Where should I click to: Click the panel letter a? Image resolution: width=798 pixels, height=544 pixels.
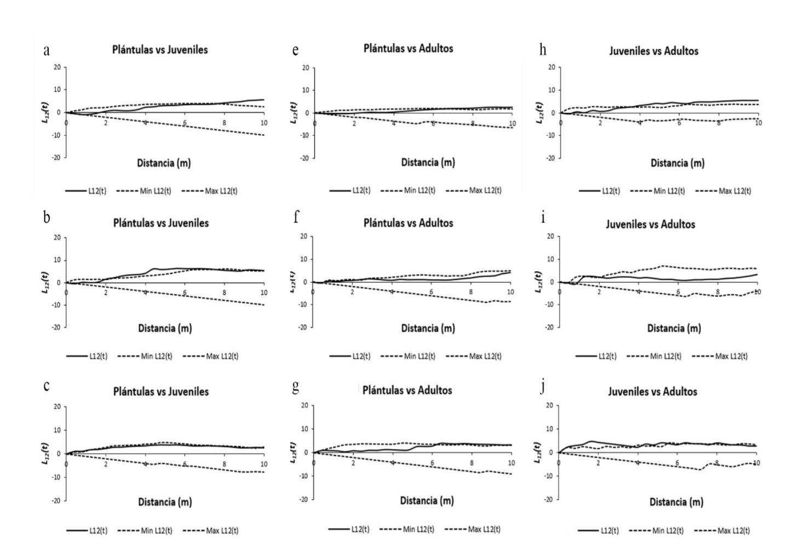tap(47, 51)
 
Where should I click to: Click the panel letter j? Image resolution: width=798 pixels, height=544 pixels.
tap(542, 388)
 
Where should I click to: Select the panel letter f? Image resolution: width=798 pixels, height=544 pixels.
tap(296, 217)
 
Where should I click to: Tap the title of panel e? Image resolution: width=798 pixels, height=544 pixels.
tap(408, 48)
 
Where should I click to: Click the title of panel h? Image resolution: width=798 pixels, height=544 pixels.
tap(653, 51)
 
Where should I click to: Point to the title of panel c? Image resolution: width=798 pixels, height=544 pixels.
tap(161, 392)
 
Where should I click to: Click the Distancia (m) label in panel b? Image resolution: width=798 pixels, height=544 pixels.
tap(164, 328)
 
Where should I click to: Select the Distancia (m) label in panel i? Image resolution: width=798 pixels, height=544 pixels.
tap(674, 328)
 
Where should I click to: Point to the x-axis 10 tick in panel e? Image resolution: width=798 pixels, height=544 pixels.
tap(512, 124)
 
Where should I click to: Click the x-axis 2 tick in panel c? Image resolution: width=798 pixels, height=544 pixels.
tap(106, 465)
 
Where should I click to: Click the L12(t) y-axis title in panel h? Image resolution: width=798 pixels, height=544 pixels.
tap(539, 112)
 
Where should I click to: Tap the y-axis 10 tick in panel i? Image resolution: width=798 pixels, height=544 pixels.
tap(550, 259)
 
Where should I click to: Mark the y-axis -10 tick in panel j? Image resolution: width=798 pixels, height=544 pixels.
tap(549, 476)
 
